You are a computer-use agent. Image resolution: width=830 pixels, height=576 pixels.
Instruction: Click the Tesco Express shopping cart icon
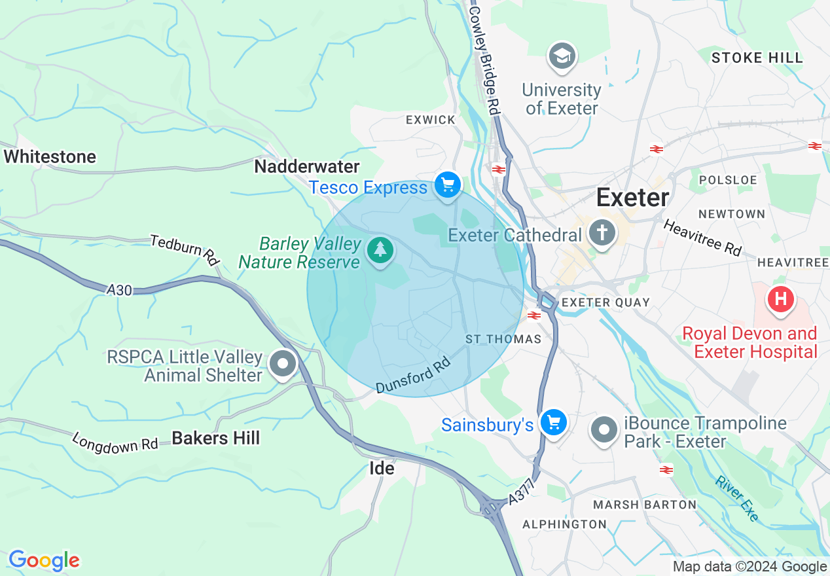[448, 186]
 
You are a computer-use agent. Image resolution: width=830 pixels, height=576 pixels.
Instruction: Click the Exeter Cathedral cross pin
[602, 232]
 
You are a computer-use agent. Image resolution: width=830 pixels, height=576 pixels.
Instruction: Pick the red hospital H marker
[780, 300]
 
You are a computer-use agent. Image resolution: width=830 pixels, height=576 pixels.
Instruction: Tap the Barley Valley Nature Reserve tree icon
[380, 250]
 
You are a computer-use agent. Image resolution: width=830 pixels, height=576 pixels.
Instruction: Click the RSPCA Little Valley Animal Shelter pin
[283, 364]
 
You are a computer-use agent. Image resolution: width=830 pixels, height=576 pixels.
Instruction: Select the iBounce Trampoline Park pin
[604, 430]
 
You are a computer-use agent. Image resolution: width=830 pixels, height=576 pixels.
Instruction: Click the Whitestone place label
[50, 156]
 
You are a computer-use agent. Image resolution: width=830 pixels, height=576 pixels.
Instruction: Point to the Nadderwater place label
[307, 166]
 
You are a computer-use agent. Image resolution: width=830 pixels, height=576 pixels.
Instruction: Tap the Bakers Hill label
[216, 438]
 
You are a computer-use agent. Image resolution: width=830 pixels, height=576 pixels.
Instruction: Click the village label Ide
[382, 469]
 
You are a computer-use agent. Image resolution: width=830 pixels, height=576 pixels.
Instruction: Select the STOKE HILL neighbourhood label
[757, 58]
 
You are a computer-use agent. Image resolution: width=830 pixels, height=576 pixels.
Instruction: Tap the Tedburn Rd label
[184, 249]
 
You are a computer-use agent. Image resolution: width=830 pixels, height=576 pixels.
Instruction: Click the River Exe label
[737, 499]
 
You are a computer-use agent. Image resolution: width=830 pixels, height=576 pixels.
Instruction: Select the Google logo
[44, 560]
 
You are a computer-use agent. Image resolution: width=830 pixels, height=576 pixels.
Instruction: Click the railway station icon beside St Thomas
[534, 316]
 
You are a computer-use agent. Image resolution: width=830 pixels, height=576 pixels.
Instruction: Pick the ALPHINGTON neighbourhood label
[564, 524]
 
